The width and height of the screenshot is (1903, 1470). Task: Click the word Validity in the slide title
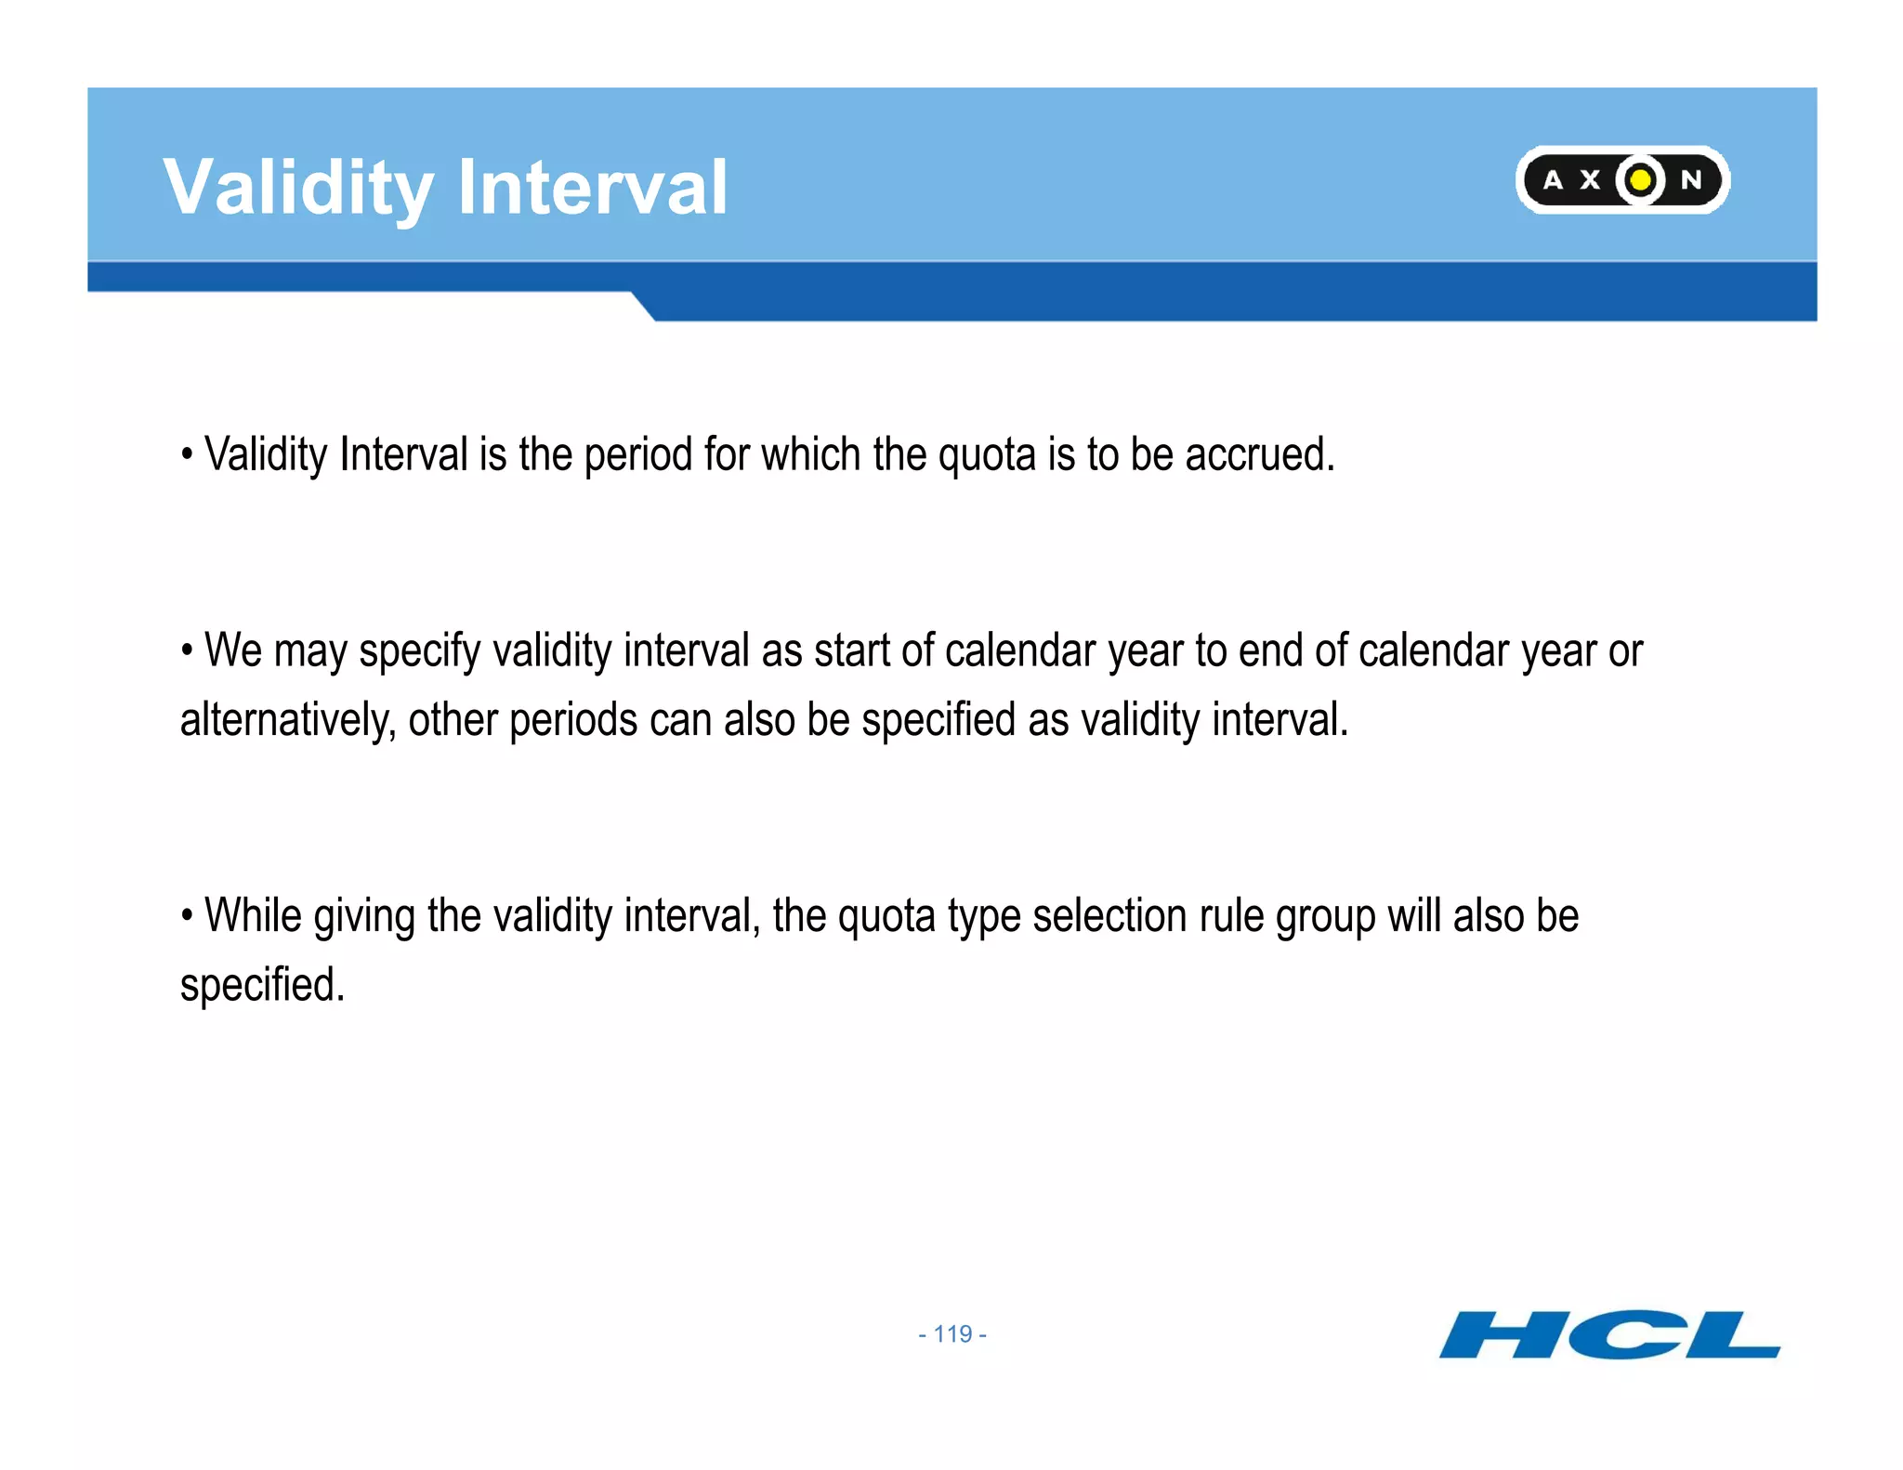(297, 189)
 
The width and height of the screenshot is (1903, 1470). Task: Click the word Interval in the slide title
(592, 189)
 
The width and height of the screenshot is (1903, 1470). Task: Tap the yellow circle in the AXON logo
(1641, 179)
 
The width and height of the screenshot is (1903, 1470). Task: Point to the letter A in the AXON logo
(1553, 180)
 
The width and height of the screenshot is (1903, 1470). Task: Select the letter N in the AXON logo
(1692, 180)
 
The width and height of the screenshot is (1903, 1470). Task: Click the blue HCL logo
(1609, 1334)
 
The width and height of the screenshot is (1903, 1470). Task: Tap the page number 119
(952, 1334)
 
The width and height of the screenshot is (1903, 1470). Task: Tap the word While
(253, 916)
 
